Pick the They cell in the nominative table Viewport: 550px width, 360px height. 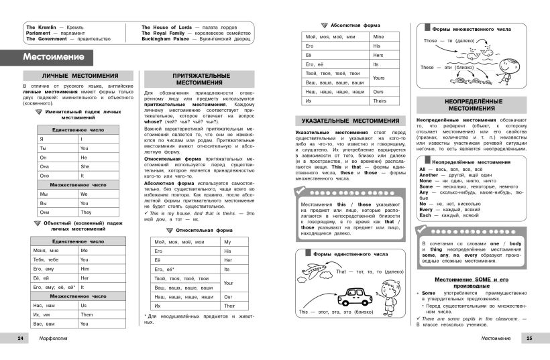pyautogui.click(x=85, y=212)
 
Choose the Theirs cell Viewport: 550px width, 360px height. pyautogui.click(x=380, y=101)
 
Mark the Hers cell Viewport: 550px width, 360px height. pyautogui.click(x=379, y=54)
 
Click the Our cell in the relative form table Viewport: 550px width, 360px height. pyautogui.click(x=228, y=296)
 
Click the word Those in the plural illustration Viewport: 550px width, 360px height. pyautogui.click(x=430, y=41)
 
